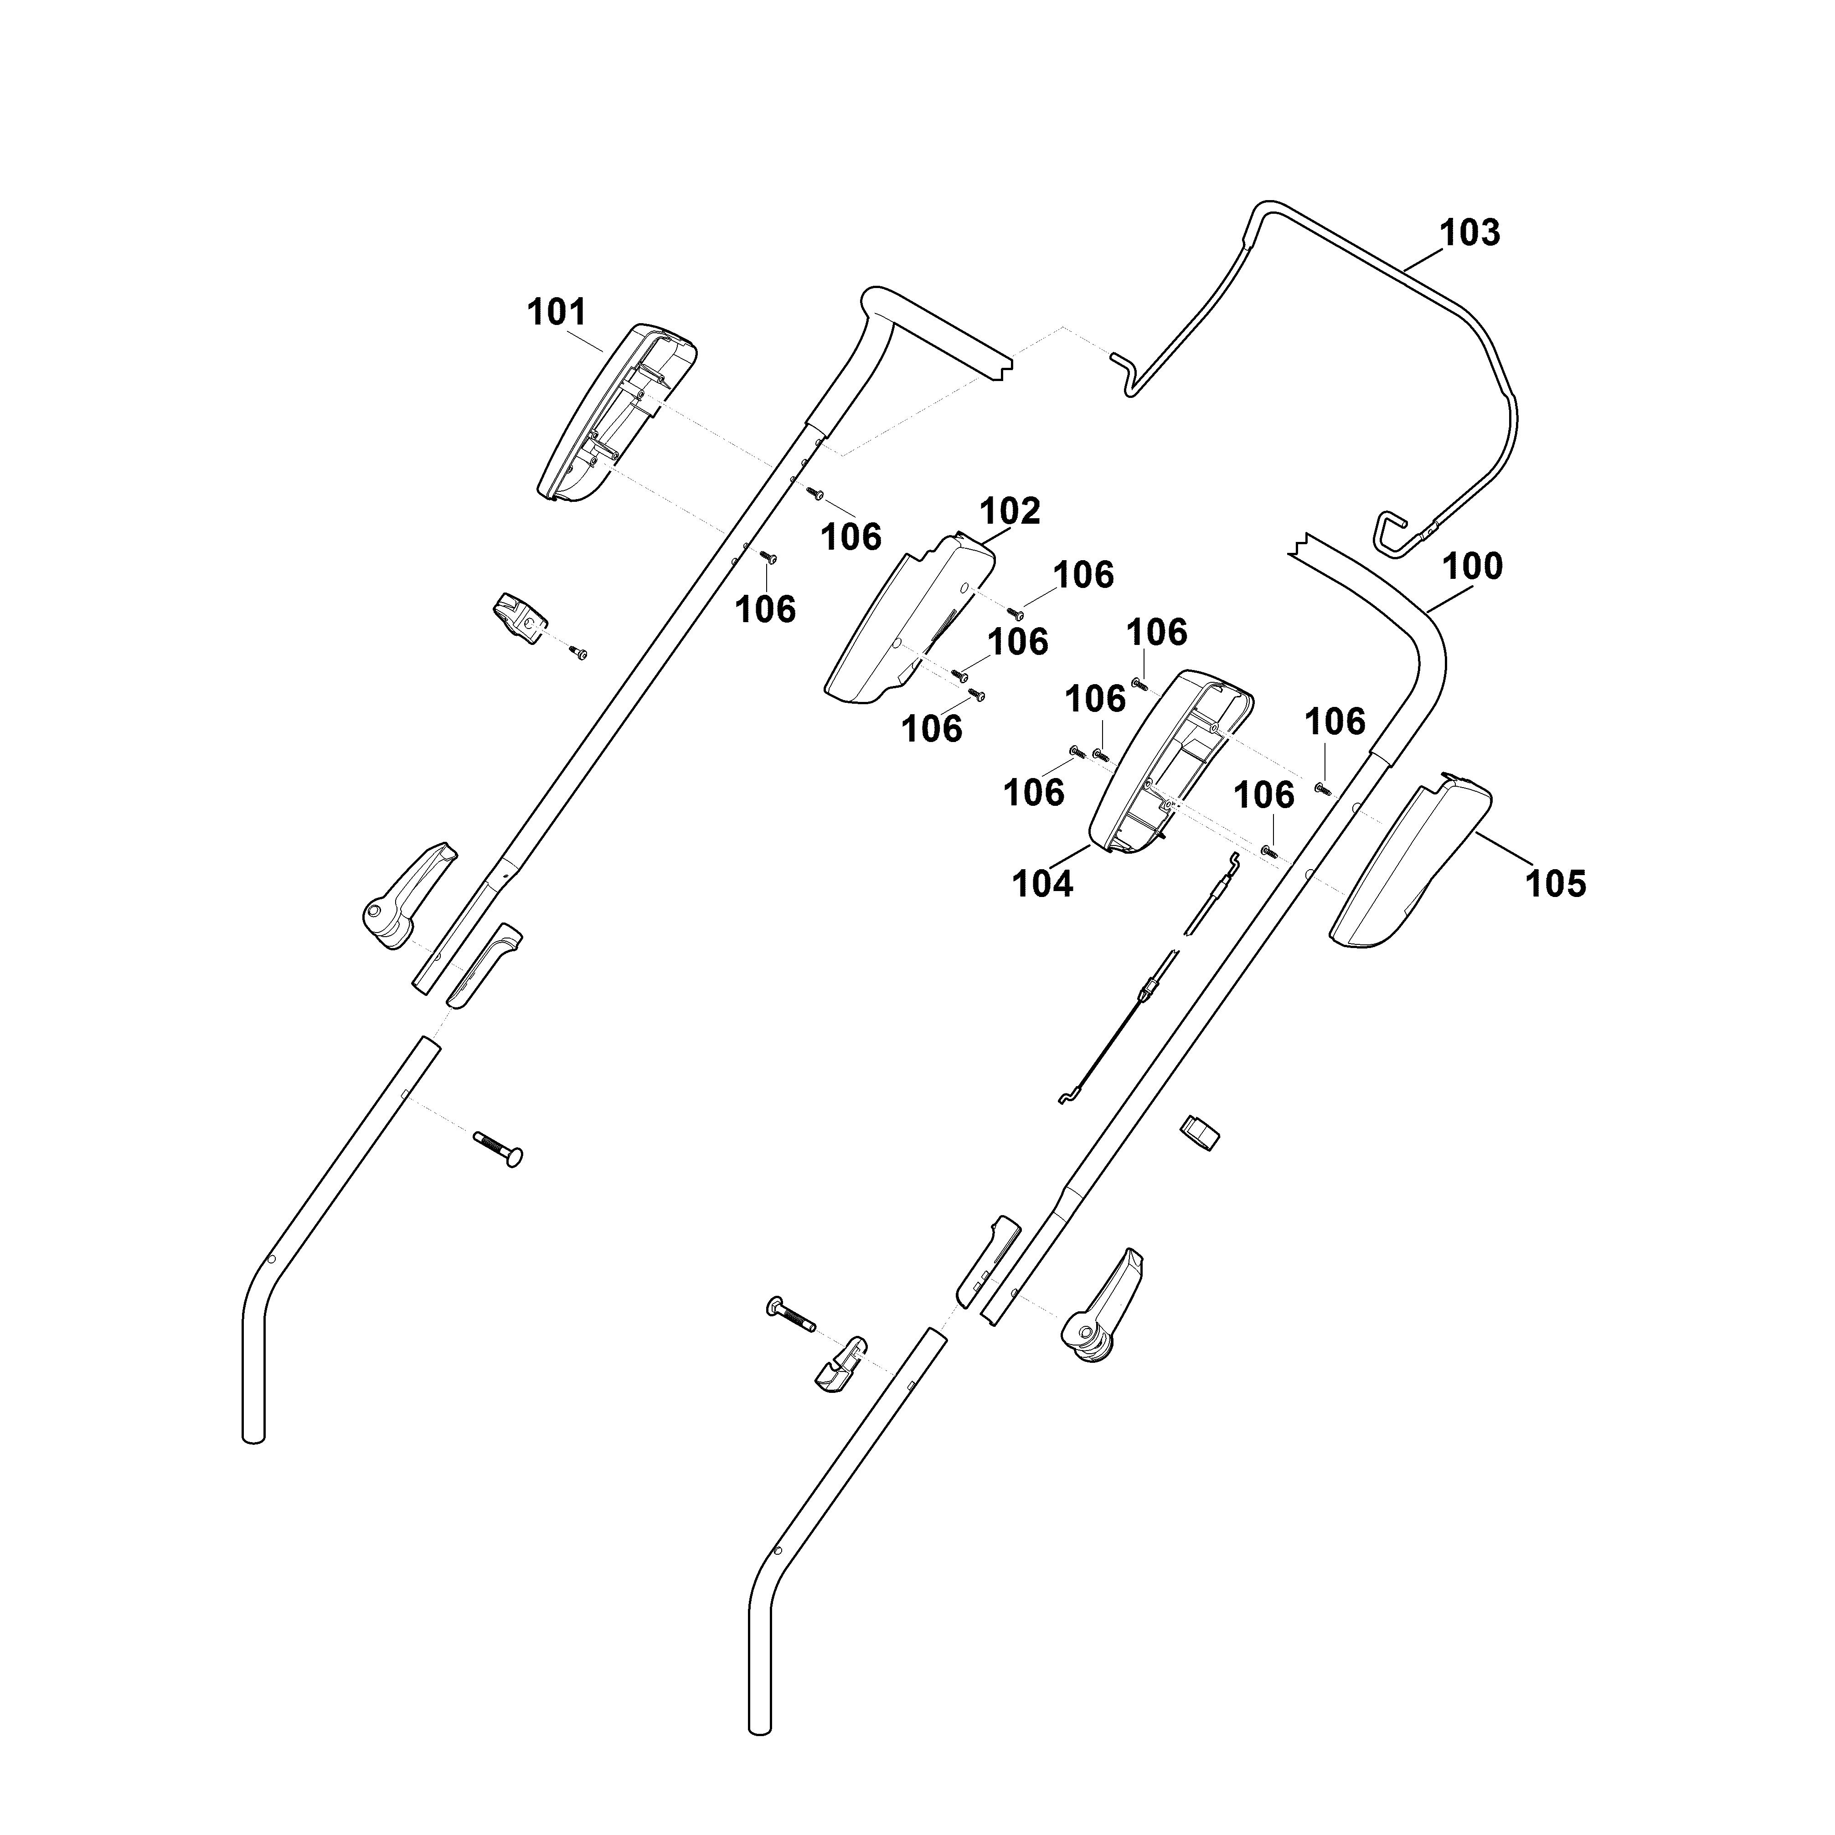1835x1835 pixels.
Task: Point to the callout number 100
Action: coord(1472,567)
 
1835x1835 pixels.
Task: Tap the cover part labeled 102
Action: coord(909,620)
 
